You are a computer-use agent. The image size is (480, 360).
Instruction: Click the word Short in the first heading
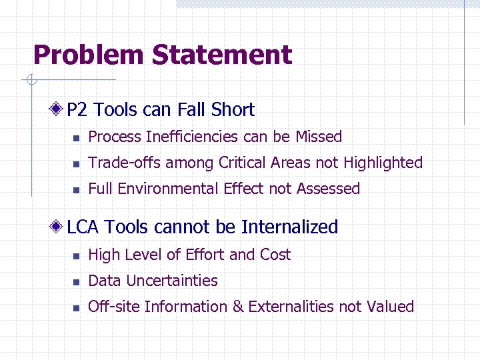click(233, 110)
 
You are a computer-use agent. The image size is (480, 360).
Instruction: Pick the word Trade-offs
click(125, 163)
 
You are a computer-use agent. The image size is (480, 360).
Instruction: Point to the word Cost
click(275, 255)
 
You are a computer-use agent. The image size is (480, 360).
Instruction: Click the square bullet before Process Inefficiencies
click(77, 138)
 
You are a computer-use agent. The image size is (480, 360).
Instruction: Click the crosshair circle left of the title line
click(29, 81)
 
